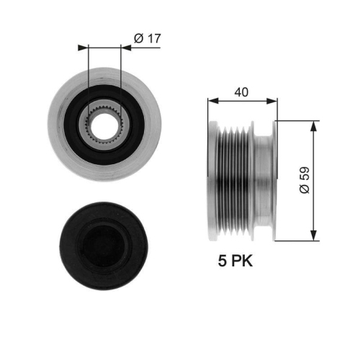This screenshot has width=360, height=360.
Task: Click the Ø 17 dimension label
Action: click(147, 39)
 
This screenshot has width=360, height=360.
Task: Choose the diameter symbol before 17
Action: click(138, 39)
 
